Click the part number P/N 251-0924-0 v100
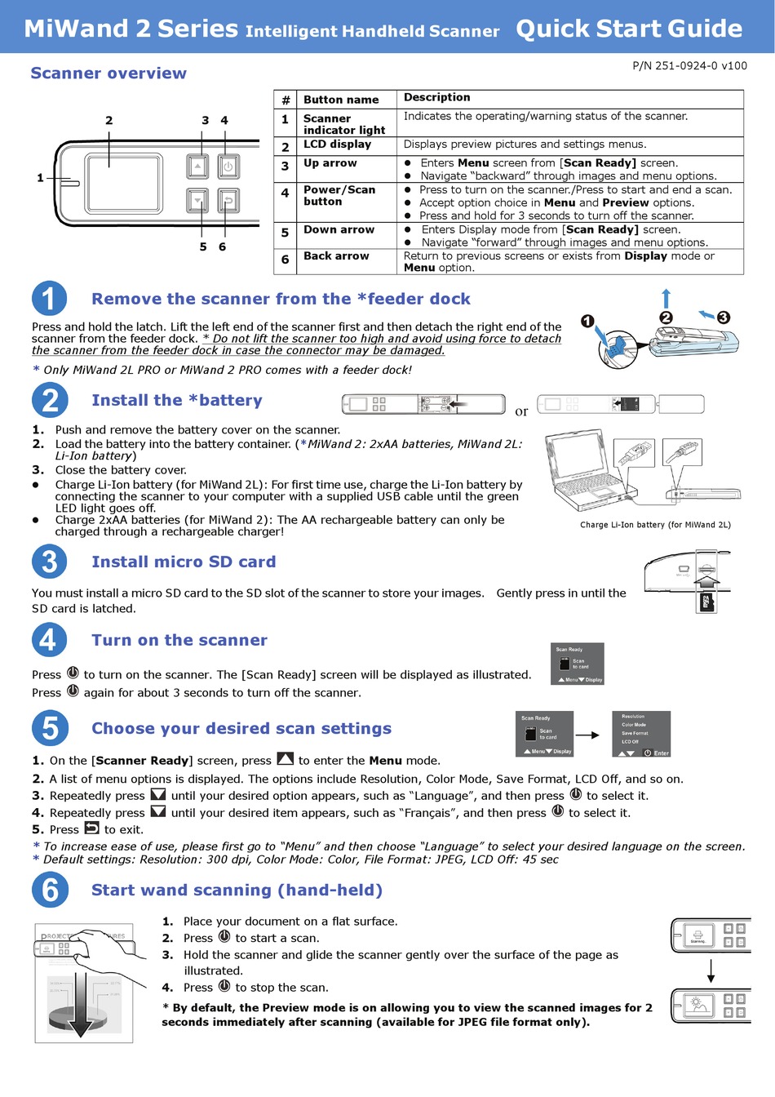tap(689, 66)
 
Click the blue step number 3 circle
tap(49, 562)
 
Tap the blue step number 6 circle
tap(49, 890)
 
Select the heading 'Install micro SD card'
tap(184, 562)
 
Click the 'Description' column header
tap(437, 98)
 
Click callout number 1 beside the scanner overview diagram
tap(40, 177)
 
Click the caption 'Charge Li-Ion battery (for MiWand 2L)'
tap(655, 525)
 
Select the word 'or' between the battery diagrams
tap(521, 411)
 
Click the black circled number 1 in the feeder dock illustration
tap(587, 321)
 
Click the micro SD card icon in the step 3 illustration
tap(706, 602)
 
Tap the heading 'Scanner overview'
tap(108, 73)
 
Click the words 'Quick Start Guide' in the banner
tap(629, 29)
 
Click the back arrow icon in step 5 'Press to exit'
tap(92, 828)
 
